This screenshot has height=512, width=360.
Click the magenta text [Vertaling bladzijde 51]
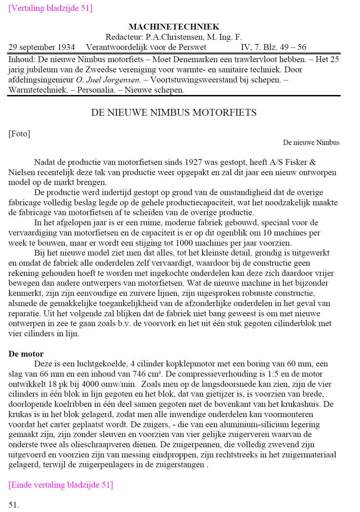coord(51,8)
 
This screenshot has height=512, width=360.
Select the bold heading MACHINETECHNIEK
coord(174,27)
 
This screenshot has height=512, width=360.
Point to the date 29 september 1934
coord(42,47)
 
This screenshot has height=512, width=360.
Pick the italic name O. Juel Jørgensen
coord(108,80)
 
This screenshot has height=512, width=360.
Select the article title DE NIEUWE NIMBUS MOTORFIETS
coord(174,113)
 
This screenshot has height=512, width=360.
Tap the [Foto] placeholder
coord(19,134)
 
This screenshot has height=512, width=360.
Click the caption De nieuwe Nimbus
coord(311,143)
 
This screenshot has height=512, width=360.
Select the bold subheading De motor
coord(26,354)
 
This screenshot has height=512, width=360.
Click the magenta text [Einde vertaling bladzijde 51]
coord(61,485)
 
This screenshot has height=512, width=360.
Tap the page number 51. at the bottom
coord(14,505)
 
